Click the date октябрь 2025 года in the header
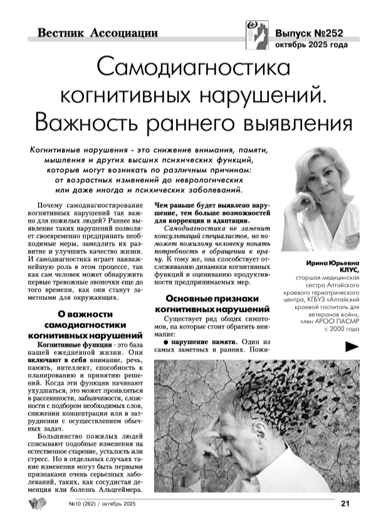tap(311, 45)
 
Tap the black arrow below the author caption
tap(353, 346)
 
